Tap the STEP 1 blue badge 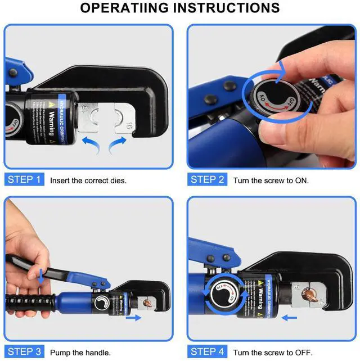click(24, 179)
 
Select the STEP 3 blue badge click(24, 351)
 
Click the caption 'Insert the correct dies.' click(88, 180)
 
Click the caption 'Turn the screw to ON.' click(270, 180)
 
